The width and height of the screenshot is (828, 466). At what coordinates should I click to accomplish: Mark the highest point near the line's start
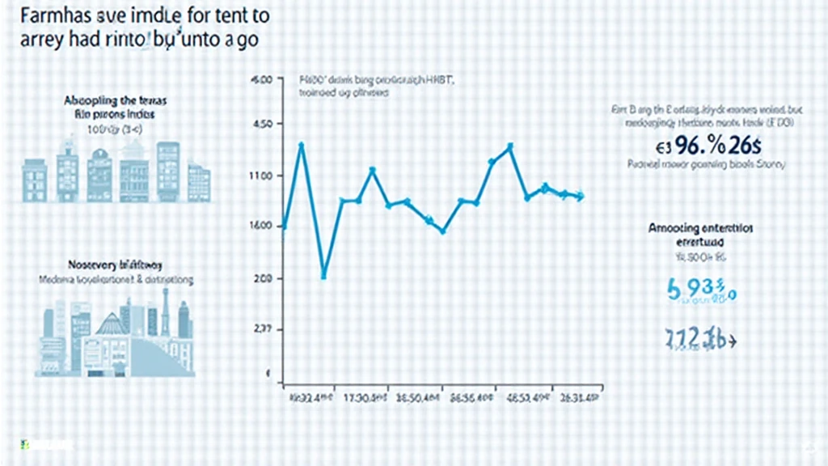click(302, 145)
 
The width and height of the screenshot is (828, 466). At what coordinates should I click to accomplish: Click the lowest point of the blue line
click(324, 277)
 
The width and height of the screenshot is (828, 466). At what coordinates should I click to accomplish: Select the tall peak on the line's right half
click(510, 146)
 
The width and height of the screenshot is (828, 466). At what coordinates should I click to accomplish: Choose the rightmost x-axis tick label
click(579, 399)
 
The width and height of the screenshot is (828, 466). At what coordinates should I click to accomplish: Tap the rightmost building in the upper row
click(199, 181)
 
